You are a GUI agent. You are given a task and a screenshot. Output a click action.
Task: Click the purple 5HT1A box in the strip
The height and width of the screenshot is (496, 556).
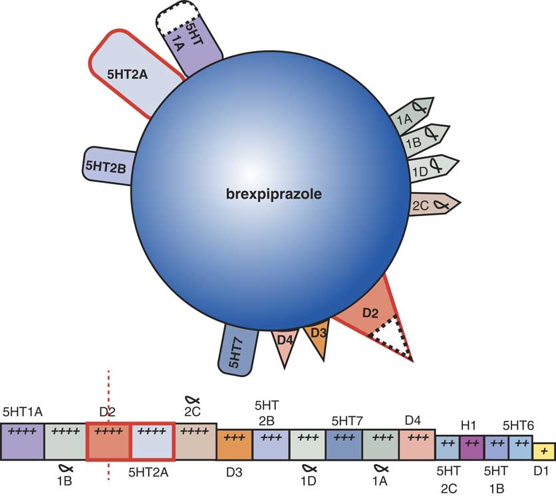pos(22,440)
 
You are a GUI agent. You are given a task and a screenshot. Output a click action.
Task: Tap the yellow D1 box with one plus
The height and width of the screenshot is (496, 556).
pos(545,451)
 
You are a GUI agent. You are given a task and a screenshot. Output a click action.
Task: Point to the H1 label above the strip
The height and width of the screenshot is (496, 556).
pos(470,424)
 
